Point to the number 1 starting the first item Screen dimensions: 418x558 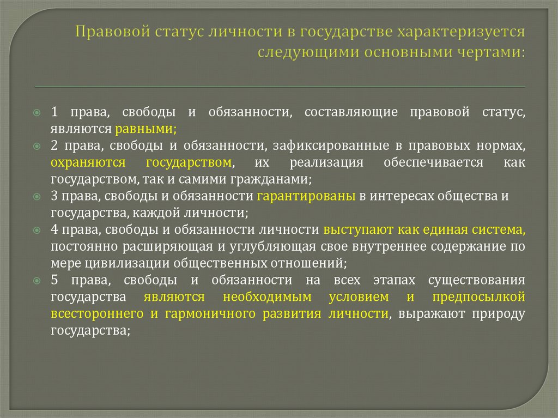click(54, 112)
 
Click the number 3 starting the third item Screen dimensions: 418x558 click(54, 196)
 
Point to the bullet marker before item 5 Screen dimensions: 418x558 click(38, 281)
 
